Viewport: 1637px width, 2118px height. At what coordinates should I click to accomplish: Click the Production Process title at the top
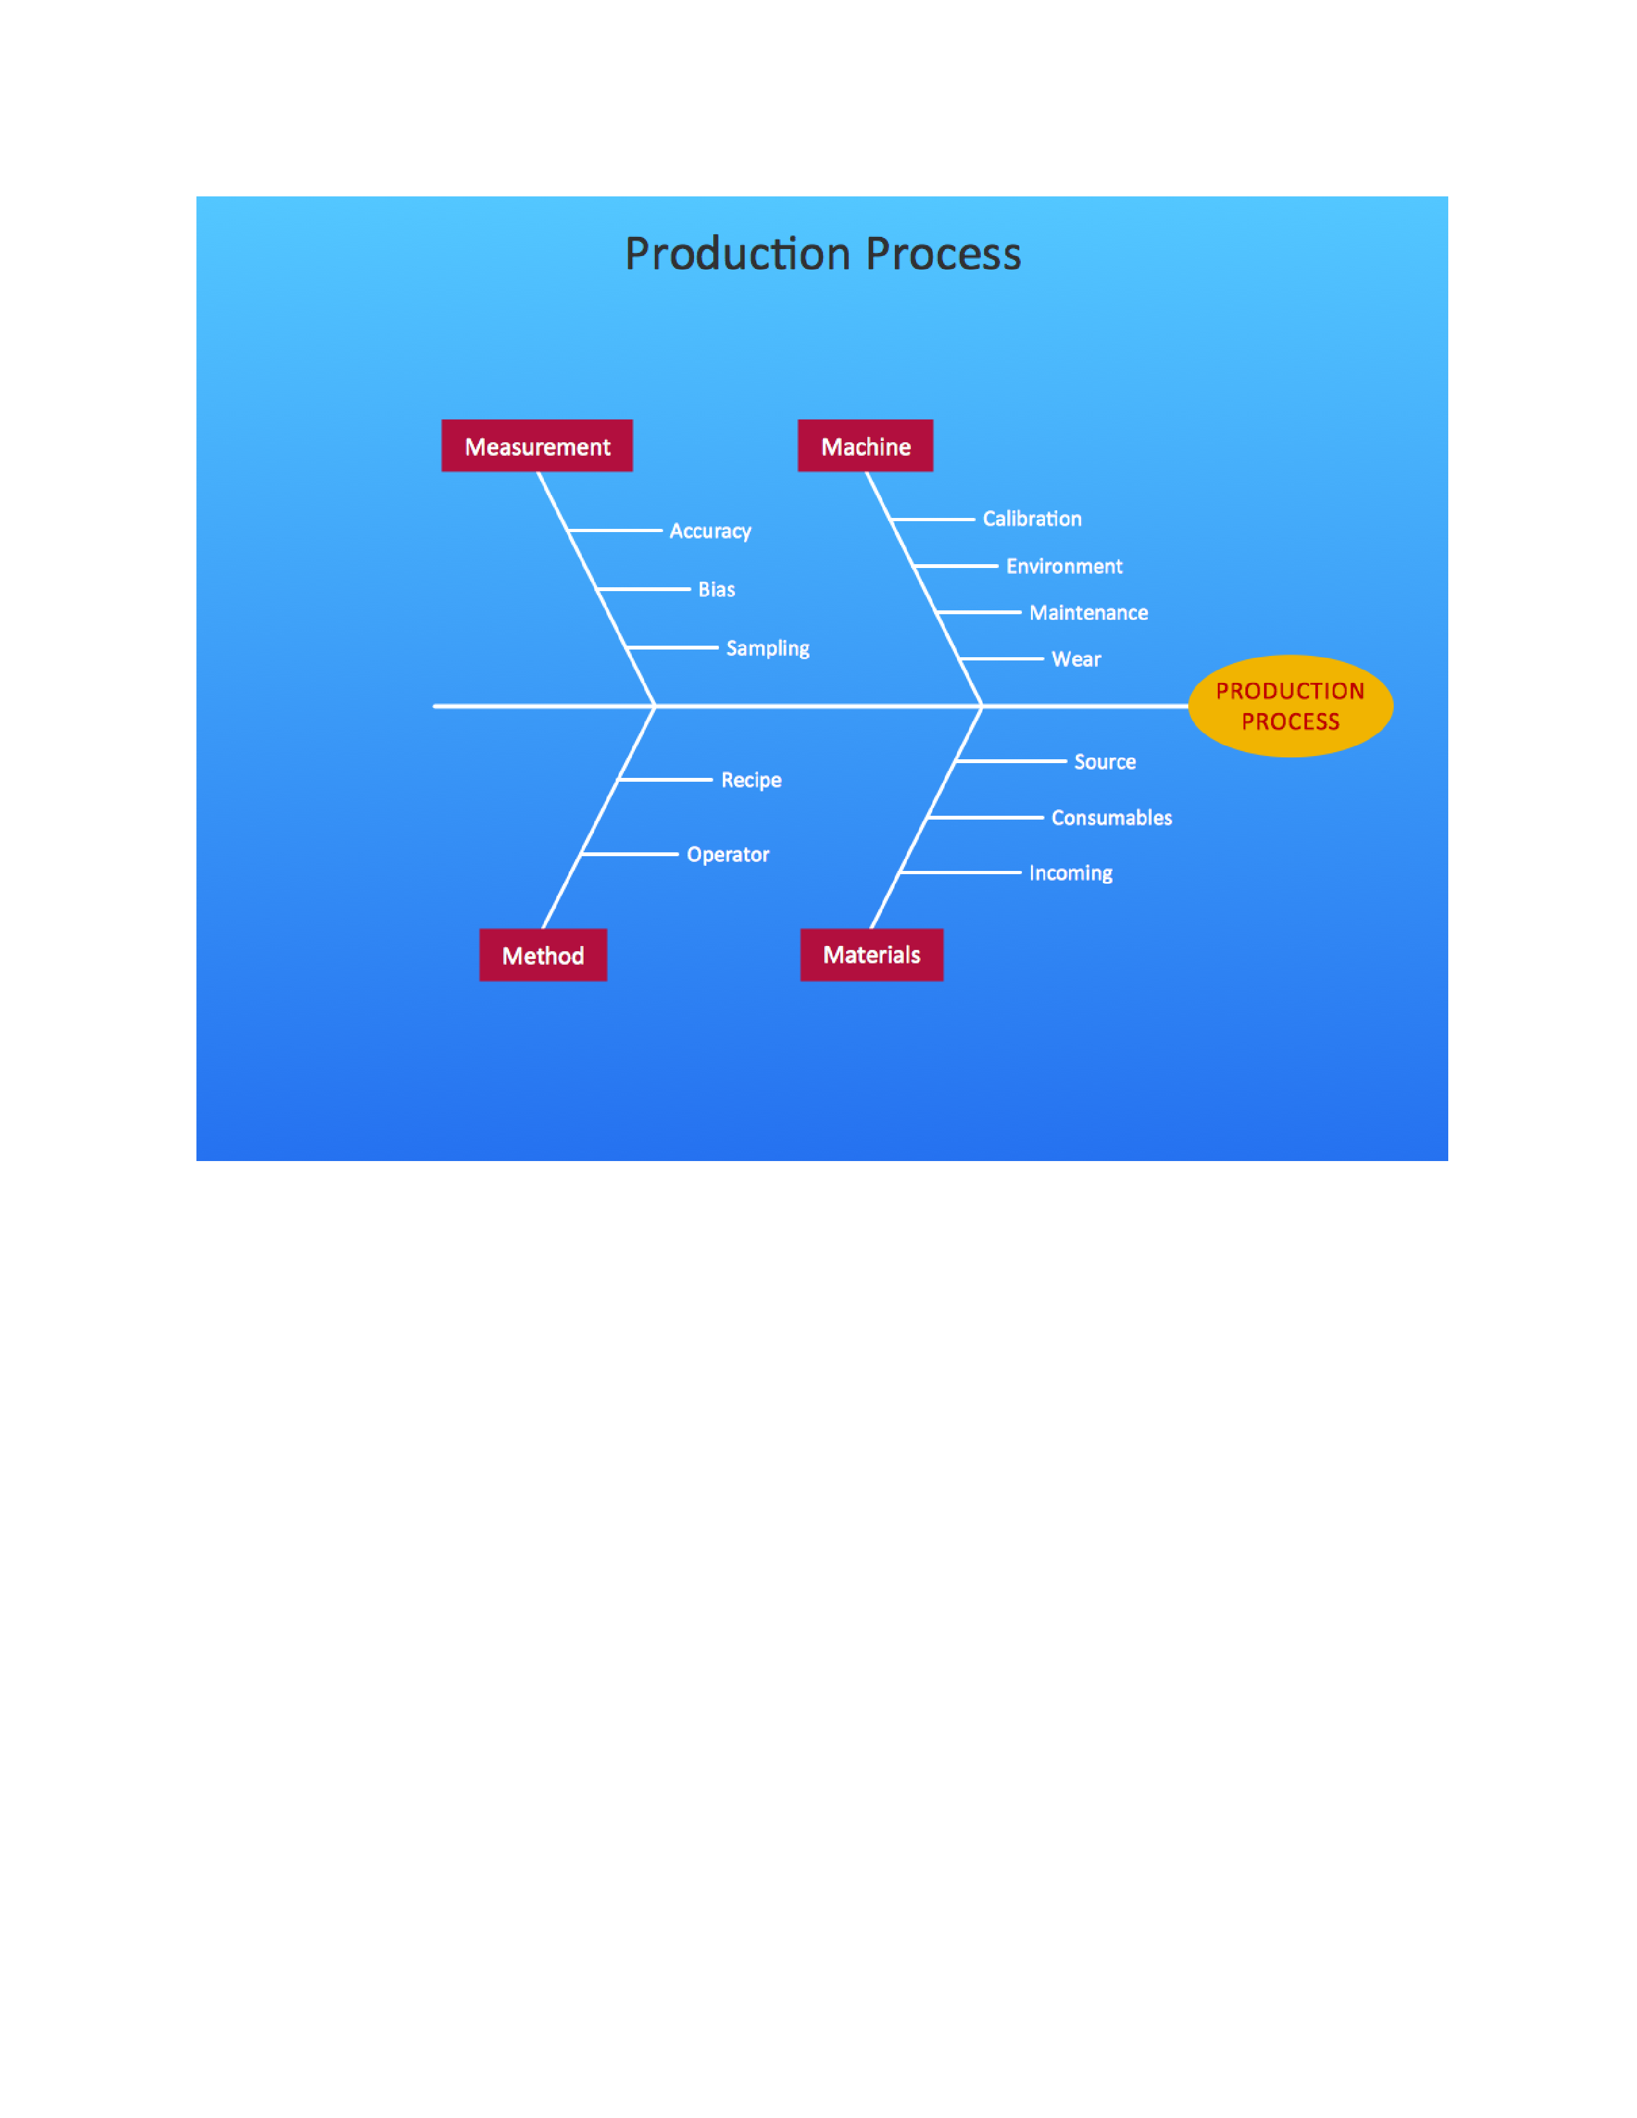(x=822, y=254)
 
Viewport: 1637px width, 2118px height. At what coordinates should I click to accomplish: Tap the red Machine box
(x=865, y=446)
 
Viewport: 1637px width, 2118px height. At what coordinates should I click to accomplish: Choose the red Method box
(x=543, y=955)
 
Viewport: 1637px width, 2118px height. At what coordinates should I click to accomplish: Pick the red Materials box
(x=871, y=955)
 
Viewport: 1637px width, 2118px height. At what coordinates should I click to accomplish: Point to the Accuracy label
(x=710, y=531)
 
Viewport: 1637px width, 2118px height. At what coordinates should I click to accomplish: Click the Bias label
(x=716, y=590)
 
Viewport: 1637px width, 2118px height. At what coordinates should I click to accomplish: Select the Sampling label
(x=767, y=648)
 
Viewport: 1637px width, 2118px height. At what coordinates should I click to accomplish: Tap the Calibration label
(x=1031, y=519)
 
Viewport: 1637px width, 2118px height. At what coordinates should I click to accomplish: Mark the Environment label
(x=1064, y=566)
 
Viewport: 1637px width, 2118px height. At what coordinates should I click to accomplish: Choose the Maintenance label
(x=1088, y=613)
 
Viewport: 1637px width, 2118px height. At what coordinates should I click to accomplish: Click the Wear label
(x=1075, y=659)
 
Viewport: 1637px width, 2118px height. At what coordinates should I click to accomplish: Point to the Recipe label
(x=750, y=780)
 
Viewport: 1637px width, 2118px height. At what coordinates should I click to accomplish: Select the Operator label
(x=727, y=854)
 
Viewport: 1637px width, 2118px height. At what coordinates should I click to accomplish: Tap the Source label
(x=1105, y=762)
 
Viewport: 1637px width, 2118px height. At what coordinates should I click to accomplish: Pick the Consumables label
(x=1111, y=818)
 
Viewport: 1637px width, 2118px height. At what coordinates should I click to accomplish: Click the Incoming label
(x=1071, y=873)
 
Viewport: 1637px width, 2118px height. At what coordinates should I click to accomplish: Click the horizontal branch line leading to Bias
(x=643, y=589)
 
